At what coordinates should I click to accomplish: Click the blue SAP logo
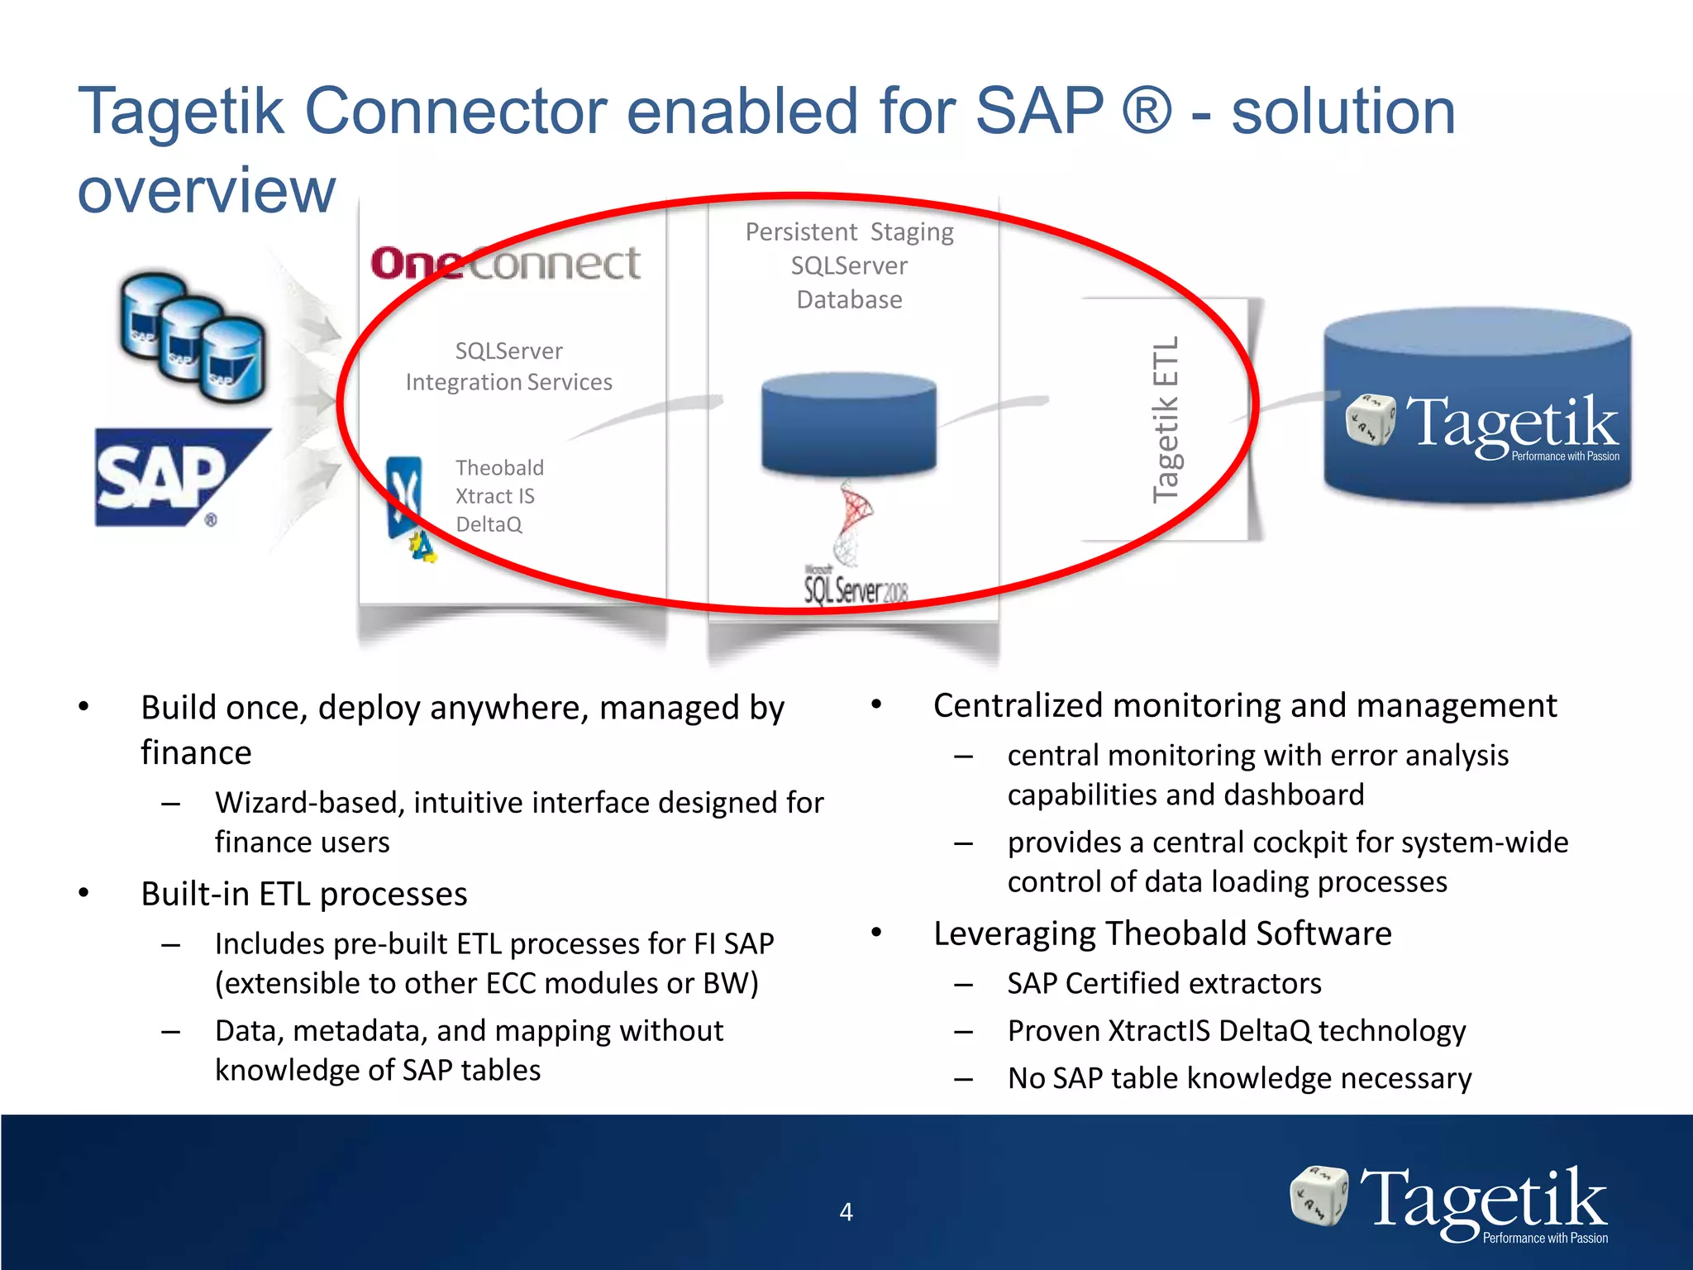click(x=178, y=477)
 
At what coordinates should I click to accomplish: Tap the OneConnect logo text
click(x=505, y=264)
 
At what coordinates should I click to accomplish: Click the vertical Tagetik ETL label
click(x=1166, y=419)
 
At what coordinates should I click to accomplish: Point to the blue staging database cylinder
click(x=848, y=424)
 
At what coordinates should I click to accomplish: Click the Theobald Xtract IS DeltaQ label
click(x=498, y=496)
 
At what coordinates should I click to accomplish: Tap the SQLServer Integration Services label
click(x=508, y=366)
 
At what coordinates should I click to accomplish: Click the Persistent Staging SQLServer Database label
click(x=849, y=265)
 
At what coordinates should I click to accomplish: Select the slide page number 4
click(x=846, y=1212)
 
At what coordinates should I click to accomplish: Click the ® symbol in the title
click(x=1147, y=112)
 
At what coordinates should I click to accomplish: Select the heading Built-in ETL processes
click(x=303, y=895)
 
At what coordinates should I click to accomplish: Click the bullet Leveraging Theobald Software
click(x=1161, y=933)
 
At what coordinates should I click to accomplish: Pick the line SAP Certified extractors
click(x=1164, y=984)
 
